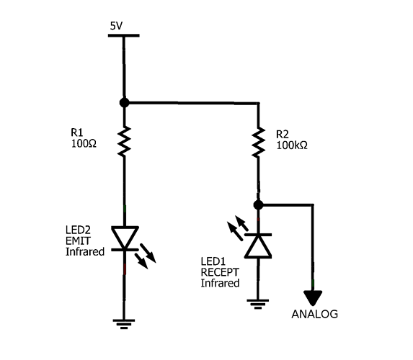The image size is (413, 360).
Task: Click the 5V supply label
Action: (116, 26)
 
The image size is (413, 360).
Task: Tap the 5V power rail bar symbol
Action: (124, 36)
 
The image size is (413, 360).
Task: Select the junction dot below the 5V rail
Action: (124, 103)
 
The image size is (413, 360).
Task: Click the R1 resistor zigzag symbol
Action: (124, 141)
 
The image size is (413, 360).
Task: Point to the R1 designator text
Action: (76, 132)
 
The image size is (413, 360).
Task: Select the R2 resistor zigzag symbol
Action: (257, 143)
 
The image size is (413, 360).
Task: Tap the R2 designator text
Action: (282, 134)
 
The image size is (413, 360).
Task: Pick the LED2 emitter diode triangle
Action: (124, 238)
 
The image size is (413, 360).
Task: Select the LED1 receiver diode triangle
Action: (257, 246)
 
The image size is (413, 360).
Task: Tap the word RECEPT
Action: (218, 273)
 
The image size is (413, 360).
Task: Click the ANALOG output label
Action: (314, 315)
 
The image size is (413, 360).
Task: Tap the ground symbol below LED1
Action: (257, 302)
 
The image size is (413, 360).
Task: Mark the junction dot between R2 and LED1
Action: (257, 205)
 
